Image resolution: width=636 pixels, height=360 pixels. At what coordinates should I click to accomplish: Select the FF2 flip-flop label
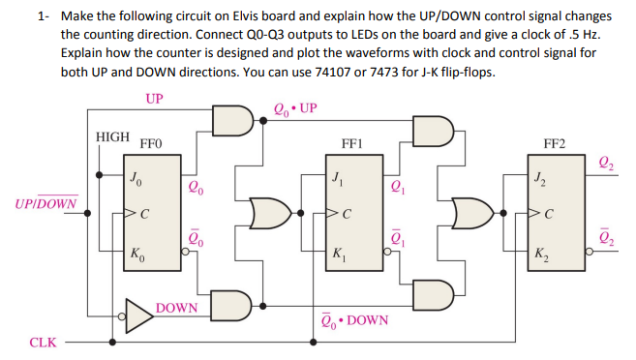[555, 142]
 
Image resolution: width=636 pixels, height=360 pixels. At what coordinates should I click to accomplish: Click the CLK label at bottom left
[44, 342]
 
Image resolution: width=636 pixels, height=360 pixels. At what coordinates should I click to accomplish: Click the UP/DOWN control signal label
[46, 203]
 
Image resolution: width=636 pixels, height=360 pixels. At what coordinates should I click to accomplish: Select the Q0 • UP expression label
[296, 106]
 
